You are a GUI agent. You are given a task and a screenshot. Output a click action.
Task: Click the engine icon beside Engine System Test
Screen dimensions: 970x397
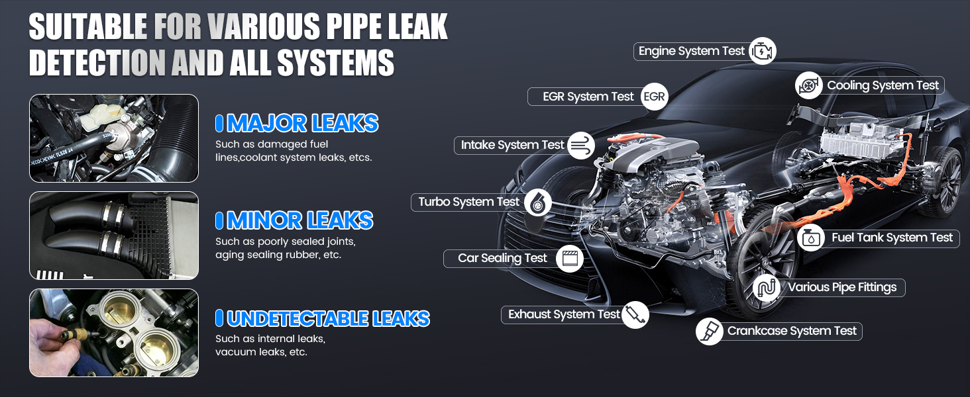tap(763, 51)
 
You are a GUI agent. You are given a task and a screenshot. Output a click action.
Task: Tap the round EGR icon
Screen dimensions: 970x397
tap(654, 97)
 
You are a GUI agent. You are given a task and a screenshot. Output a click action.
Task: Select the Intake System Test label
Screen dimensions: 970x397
tap(512, 145)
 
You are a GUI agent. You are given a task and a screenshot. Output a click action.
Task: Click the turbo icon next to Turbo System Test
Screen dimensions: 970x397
tap(538, 202)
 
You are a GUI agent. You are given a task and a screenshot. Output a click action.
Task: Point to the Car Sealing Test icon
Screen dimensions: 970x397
tap(570, 259)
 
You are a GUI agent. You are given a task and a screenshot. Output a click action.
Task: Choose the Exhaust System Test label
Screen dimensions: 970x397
tap(564, 314)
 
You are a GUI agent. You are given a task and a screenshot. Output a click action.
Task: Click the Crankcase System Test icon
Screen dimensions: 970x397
tap(710, 331)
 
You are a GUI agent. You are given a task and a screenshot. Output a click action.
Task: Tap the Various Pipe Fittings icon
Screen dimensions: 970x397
tap(767, 288)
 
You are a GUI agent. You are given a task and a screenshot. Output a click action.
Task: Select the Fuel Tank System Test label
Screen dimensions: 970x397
tap(892, 238)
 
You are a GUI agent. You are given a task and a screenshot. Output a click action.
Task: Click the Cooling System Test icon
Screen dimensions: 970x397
tap(808, 85)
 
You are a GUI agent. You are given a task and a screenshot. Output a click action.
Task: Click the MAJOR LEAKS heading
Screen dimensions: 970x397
tap(302, 123)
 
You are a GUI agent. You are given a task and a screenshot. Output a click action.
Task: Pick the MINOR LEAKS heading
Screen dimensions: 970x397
tap(299, 220)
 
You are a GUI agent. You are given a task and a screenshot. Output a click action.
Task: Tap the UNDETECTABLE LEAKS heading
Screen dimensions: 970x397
tap(328, 318)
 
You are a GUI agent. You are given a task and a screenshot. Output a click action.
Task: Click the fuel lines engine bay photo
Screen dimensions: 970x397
tap(114, 138)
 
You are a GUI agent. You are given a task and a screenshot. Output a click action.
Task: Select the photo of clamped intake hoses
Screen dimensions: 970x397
tap(114, 236)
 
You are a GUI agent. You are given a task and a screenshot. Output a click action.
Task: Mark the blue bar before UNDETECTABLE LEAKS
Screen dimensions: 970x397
tap(219, 318)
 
